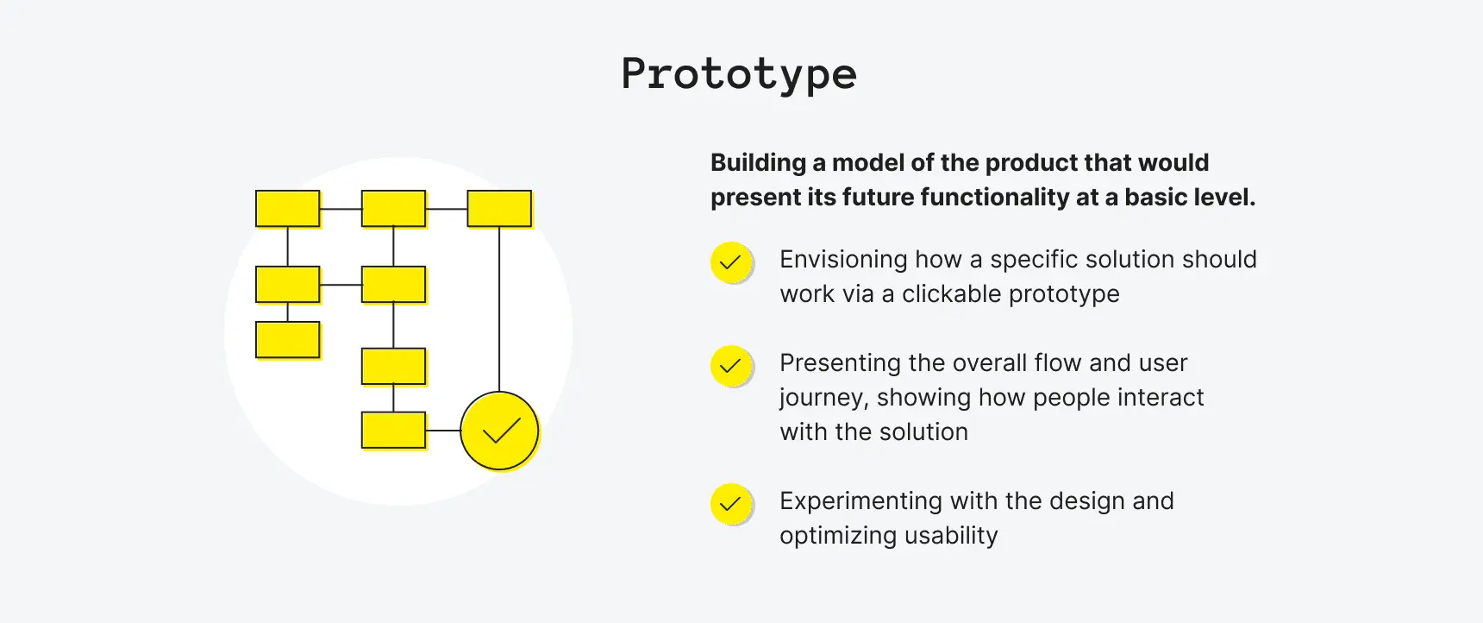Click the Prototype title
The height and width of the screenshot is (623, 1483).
[x=739, y=74]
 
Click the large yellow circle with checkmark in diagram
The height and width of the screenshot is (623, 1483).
[x=499, y=431]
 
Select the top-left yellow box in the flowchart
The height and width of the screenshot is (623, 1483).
[x=288, y=209]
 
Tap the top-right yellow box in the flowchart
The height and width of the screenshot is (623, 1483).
[x=499, y=209]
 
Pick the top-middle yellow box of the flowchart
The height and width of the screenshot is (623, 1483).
[x=393, y=209]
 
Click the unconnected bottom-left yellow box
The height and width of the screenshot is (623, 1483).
[x=288, y=340]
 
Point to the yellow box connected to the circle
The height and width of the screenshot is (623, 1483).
[x=393, y=431]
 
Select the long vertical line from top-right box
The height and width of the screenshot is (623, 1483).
[x=499, y=311]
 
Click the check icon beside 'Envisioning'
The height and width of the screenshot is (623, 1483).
[x=730, y=262]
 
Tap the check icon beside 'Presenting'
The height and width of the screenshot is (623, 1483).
[x=730, y=366]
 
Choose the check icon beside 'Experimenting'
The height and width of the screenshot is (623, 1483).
[x=730, y=504]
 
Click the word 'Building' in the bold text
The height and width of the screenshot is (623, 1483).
[x=758, y=163]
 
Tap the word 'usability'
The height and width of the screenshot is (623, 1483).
[x=951, y=536]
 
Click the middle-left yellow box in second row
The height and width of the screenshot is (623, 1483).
[x=288, y=285]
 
